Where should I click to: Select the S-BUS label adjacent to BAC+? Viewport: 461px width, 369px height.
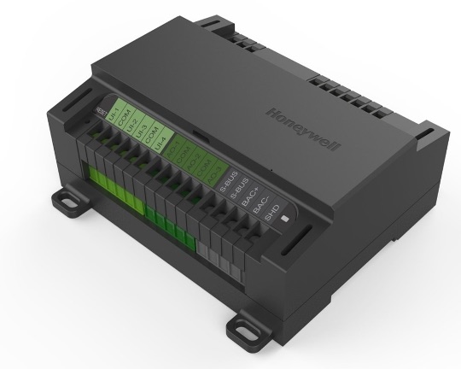[240, 189]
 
